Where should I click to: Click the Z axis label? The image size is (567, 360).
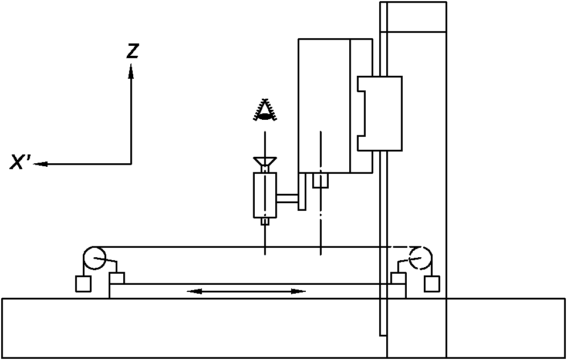coord(133,52)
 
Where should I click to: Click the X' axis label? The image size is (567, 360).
coord(21,163)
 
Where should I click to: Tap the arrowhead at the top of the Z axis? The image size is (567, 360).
coord(131,71)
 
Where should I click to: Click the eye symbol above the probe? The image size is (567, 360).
coord(265,111)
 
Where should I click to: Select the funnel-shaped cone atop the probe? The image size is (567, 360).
coord(265,162)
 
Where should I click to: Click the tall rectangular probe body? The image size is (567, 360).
coord(265,195)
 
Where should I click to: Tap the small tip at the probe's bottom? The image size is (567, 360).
coord(265,221)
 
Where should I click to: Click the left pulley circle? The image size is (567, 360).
coord(93,257)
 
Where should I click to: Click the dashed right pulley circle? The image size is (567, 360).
coord(420,257)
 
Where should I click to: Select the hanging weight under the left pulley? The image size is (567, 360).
coord(83,284)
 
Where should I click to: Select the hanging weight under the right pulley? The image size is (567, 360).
coord(433,284)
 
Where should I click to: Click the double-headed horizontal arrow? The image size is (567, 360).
coord(247,291)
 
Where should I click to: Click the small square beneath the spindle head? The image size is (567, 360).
coord(320,180)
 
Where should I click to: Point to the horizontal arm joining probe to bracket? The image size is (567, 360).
coord(288,200)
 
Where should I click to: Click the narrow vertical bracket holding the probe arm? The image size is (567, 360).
coord(302,191)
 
